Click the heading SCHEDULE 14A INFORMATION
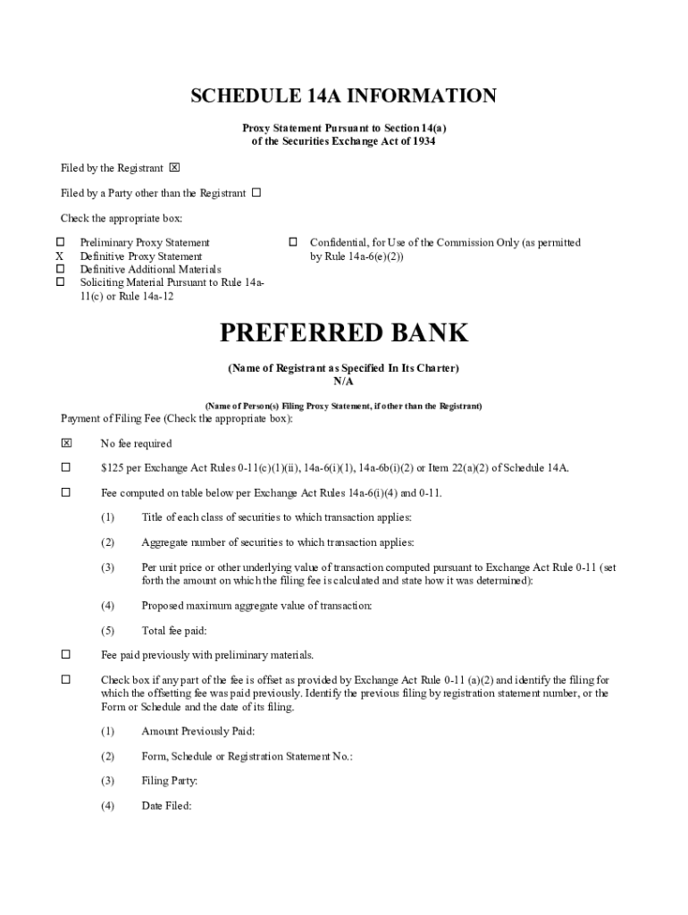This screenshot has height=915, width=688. coord(343,97)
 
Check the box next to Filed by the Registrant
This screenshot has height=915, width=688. coord(174,168)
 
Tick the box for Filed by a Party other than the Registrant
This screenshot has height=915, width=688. coord(256,193)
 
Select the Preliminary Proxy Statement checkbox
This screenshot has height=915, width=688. coord(61,242)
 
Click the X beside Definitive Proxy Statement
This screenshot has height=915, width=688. coord(61,256)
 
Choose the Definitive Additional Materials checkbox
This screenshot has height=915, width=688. coord(61,269)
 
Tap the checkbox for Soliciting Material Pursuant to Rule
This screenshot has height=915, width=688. coord(61,282)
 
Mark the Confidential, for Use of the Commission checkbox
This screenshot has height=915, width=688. coord(291,242)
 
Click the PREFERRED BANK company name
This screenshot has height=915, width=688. coord(344,333)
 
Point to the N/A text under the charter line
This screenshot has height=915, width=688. coord(344,382)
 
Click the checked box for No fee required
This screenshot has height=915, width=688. coord(65,443)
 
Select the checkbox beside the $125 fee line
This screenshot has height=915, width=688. coord(65,467)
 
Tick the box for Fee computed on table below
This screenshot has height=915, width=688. coord(65,492)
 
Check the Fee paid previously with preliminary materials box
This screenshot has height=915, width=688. coord(65,655)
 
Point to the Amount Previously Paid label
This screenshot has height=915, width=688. coord(197,731)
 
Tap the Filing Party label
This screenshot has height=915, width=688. coord(169,781)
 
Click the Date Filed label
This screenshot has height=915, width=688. coord(166,805)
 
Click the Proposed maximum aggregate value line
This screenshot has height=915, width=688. coord(256,605)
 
